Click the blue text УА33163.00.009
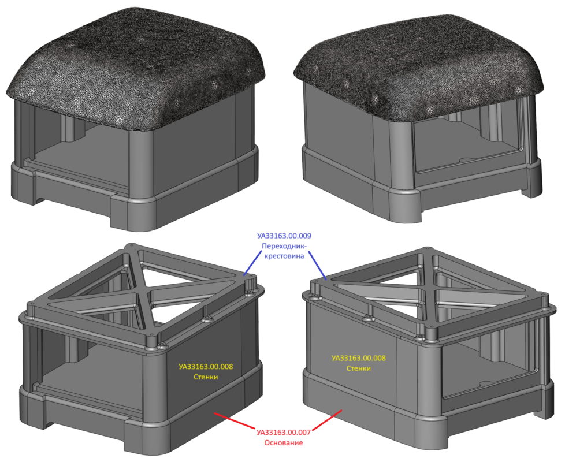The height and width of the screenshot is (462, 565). [284, 236]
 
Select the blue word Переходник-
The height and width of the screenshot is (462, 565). [284, 246]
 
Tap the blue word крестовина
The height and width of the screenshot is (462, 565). [284, 256]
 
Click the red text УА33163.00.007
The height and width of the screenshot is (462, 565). [284, 432]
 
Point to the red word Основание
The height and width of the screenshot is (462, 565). [284, 442]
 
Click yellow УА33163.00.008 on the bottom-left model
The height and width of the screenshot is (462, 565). [206, 367]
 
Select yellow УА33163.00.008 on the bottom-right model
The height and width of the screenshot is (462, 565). [359, 358]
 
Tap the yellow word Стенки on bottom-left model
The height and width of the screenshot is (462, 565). [206, 377]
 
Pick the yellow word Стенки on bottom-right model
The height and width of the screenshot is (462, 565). [359, 368]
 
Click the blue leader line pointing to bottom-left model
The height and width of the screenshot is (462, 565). [253, 263]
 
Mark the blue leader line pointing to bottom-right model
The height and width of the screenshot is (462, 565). [318, 266]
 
